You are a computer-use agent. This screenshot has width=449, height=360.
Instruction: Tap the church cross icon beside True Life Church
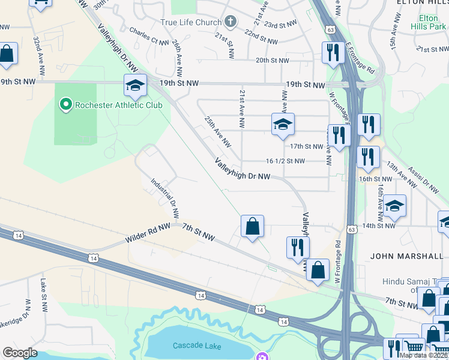click(x=230, y=22)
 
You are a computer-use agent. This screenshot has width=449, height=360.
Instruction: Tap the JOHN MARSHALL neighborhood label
click(x=407, y=256)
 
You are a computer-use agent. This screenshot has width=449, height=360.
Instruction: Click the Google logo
click(x=20, y=353)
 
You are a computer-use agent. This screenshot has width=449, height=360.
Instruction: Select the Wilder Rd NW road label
click(x=148, y=233)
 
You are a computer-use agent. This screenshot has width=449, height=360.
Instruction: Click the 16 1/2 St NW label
click(x=285, y=161)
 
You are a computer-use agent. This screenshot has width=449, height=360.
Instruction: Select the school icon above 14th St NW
click(x=394, y=206)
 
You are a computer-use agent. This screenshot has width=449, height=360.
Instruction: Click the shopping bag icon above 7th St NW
click(x=253, y=227)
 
